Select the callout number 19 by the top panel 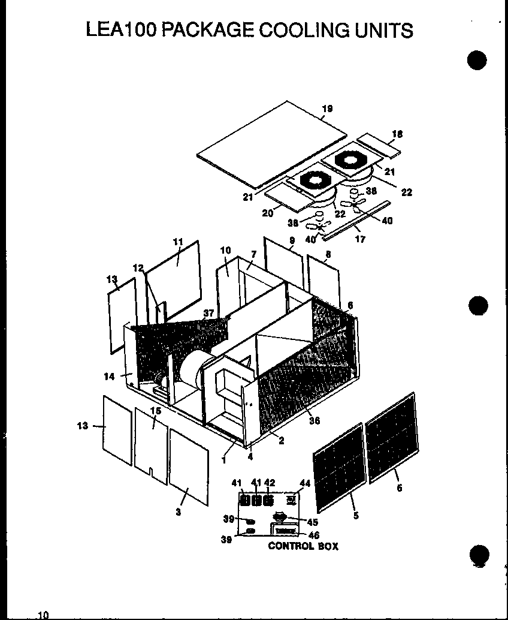326,109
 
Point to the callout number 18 397,134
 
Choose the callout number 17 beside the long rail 360,239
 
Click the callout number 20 267,213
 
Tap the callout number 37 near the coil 208,313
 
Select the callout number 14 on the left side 108,377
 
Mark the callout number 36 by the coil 314,420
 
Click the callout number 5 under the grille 356,515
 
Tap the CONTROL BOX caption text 303,546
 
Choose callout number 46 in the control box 313,535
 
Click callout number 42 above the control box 270,483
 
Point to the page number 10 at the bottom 43,615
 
